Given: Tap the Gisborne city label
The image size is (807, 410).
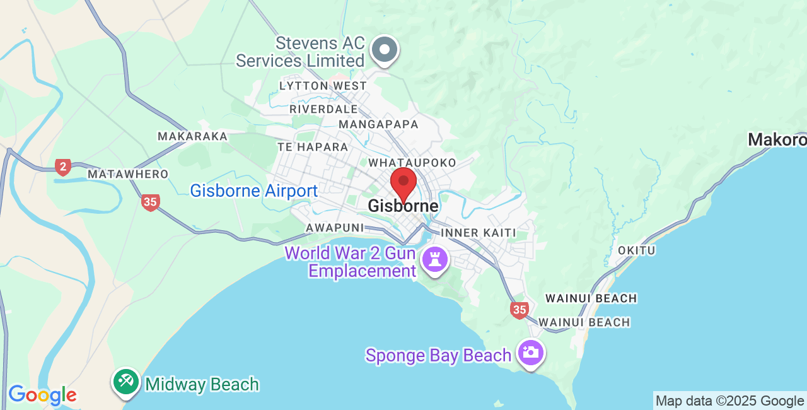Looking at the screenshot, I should coord(403,206).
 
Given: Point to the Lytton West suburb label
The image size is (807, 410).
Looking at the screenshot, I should coord(323,86).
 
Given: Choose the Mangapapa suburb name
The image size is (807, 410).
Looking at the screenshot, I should coord(378,124).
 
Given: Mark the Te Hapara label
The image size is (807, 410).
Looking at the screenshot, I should coord(313,147).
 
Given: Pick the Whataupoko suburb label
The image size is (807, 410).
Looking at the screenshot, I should coord(412,163).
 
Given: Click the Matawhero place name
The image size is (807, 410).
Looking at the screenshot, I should coord(128,174).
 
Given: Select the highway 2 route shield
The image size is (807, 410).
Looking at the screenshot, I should coord(62,167).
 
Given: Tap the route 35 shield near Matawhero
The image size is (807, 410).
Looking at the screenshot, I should coord(150,202).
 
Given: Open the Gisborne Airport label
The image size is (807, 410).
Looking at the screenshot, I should coord(254,190).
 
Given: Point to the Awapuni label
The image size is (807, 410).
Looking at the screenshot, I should coord(335,227).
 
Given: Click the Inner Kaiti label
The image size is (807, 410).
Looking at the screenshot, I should coord(479,233).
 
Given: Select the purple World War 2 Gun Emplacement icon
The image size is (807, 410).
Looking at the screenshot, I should coord(435,259).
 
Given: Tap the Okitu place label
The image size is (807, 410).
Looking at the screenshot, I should coord(637,250).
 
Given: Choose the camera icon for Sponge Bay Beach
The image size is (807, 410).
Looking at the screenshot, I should coord(531,352).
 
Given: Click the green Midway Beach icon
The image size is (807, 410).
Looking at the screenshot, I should coord(126,382).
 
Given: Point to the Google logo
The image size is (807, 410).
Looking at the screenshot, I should coord(42,395).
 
